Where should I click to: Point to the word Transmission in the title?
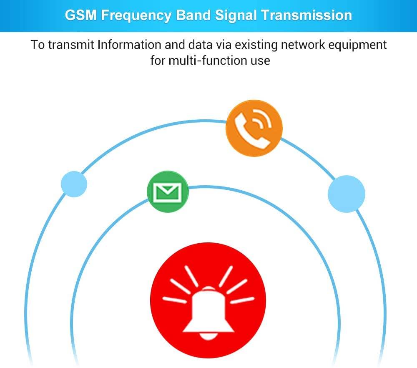(307, 15)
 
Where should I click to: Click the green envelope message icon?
(168, 192)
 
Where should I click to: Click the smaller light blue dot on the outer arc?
(74, 184)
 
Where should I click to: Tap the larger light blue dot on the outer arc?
(346, 194)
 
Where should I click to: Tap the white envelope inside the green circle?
(168, 192)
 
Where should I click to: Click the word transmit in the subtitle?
(71, 45)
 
